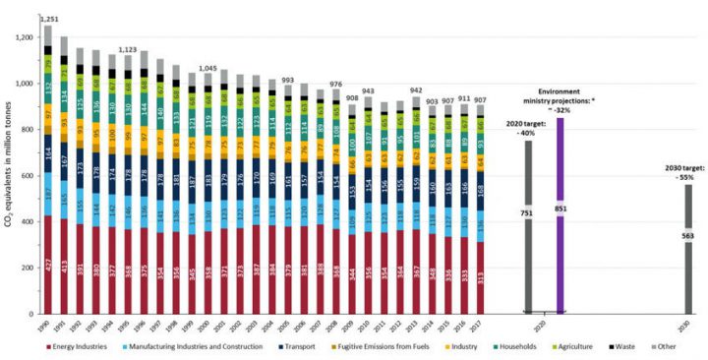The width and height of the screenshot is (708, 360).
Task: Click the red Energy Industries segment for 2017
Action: click(479, 277)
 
